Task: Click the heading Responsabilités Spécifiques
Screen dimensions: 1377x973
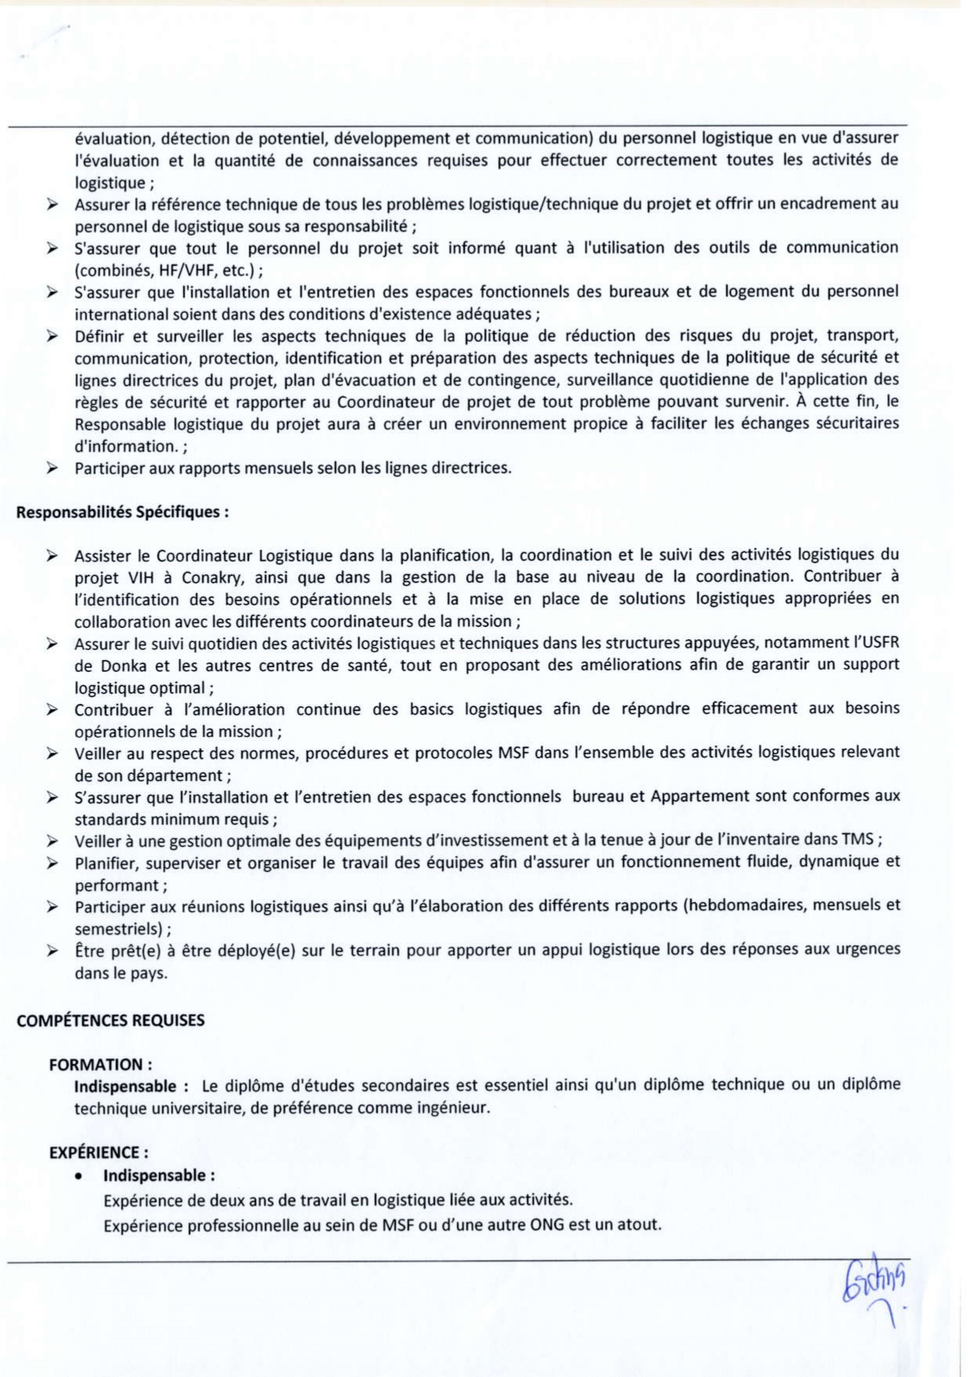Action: (122, 512)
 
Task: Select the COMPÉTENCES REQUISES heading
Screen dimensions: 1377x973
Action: (110, 1021)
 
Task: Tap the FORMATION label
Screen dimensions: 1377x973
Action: (100, 1065)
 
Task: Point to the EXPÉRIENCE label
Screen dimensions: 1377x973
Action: (98, 1153)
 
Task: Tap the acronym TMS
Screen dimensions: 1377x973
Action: (857, 840)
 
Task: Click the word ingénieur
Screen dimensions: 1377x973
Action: (452, 1109)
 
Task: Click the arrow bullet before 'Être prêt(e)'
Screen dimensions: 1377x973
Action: (52, 951)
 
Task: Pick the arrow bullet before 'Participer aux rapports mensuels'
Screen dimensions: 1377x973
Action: (52, 468)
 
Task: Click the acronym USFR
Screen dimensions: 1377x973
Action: (876, 643)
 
